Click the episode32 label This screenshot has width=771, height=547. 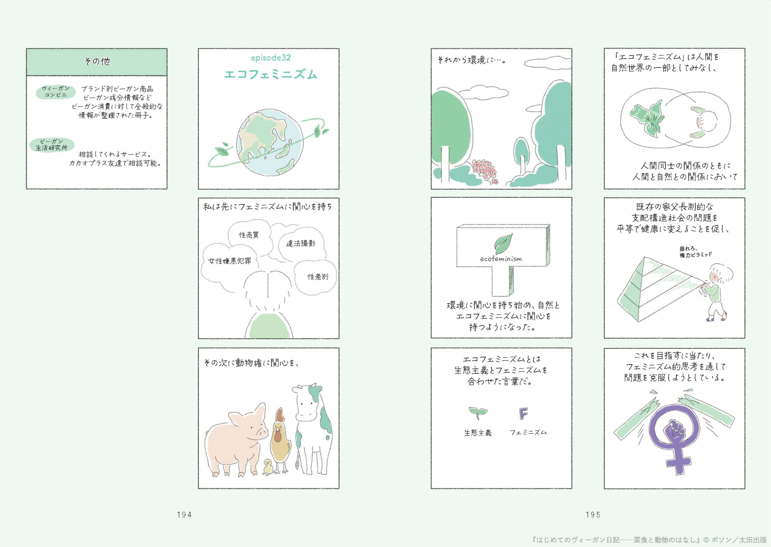click(271, 58)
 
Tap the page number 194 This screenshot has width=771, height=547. click(184, 514)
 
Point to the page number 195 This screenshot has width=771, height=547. click(593, 514)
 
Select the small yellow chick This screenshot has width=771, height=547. click(268, 467)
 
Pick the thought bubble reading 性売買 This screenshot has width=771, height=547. click(249, 235)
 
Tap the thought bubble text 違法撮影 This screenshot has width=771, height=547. click(301, 243)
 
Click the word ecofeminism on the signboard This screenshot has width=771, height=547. click(501, 259)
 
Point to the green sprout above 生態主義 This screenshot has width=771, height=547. click(478, 413)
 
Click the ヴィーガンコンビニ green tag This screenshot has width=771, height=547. click(56, 92)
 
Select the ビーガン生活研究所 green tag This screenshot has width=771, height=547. click(51, 145)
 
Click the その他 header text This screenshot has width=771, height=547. click(97, 61)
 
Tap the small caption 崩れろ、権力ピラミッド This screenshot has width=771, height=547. click(696, 252)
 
